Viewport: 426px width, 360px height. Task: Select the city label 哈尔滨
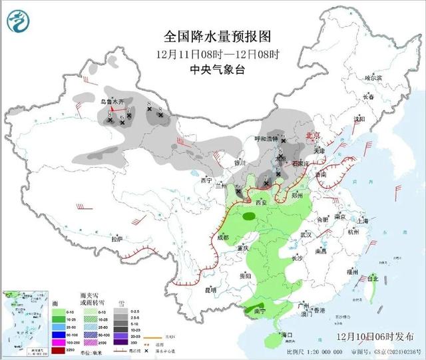[x=373, y=78]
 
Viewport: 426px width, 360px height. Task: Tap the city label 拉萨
[x=116, y=238]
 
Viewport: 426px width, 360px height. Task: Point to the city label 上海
[x=363, y=220]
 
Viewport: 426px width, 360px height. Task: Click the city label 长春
[x=368, y=97]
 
